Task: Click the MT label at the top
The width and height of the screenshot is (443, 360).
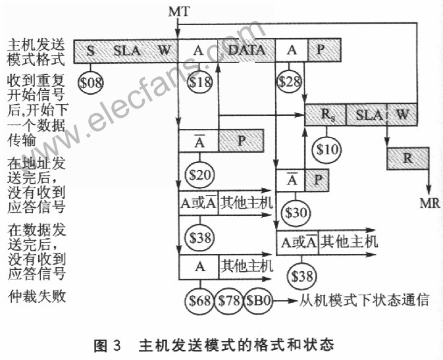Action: [179, 11]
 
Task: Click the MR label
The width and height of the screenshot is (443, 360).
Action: [430, 203]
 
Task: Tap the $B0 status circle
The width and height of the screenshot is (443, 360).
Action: [258, 301]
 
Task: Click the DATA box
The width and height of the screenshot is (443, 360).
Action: [246, 50]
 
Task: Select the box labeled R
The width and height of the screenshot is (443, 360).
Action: [407, 158]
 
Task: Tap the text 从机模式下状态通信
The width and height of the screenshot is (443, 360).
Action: [364, 301]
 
